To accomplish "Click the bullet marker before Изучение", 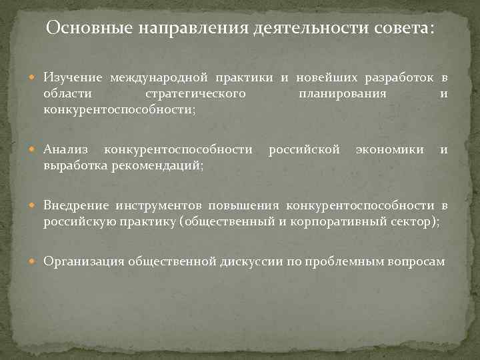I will pyautogui.click(x=36, y=80).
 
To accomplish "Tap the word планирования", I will pyautogui.click(x=343, y=94).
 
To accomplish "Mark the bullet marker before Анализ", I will pyautogui.click(x=36, y=149).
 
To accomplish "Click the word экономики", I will pyautogui.click(x=389, y=149).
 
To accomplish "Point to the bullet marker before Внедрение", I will pyautogui.click(x=36, y=204).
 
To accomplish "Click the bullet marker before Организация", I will pyautogui.click(x=36, y=261).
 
